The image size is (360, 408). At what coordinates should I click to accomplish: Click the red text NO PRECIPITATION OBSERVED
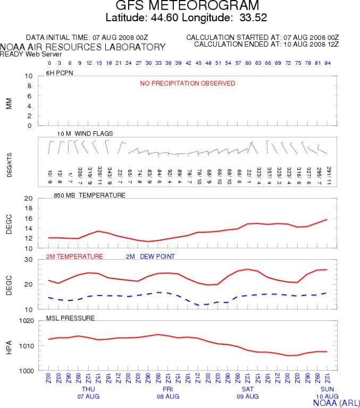(187, 83)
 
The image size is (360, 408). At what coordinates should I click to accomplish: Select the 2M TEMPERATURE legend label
(74, 257)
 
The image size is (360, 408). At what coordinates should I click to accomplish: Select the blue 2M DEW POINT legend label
(150, 257)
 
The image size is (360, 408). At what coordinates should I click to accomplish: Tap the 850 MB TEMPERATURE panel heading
(89, 195)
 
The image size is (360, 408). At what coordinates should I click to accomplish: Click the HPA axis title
(9, 345)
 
